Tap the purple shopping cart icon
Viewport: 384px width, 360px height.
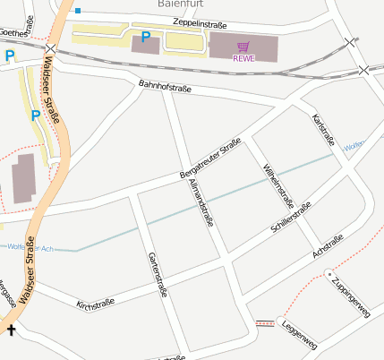tap(243, 46)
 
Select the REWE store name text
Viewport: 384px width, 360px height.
tap(243, 58)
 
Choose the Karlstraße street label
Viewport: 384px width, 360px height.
tap(322, 130)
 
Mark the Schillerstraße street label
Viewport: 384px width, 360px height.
tap(290, 219)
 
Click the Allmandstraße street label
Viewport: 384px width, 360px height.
tap(201, 202)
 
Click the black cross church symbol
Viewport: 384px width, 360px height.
tap(11, 330)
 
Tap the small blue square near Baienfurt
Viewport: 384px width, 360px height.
tap(78, 11)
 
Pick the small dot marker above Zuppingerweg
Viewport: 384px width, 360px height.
tap(329, 273)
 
